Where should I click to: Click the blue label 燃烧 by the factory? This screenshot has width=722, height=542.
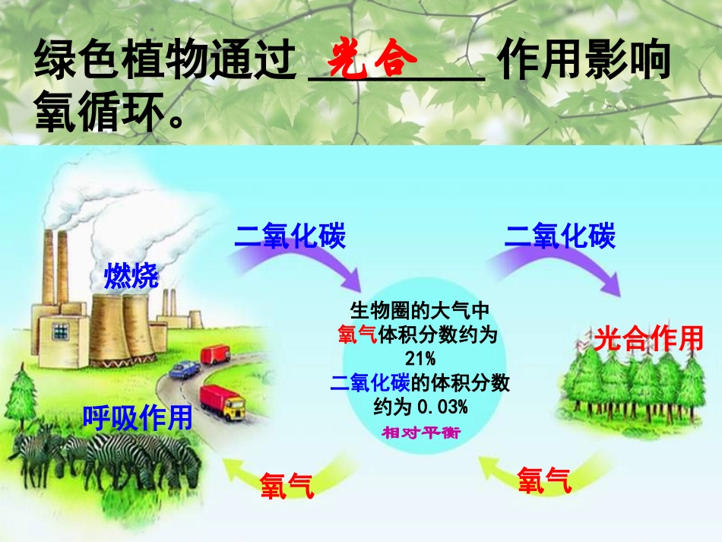131,277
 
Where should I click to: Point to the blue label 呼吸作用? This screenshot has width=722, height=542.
138,417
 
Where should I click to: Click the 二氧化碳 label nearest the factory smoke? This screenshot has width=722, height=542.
290,236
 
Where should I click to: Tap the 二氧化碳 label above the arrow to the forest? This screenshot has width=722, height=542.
560,236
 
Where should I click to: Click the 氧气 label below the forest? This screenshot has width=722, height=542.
544,480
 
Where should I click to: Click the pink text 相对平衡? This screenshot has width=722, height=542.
420,431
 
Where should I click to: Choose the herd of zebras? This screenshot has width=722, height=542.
106,460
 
